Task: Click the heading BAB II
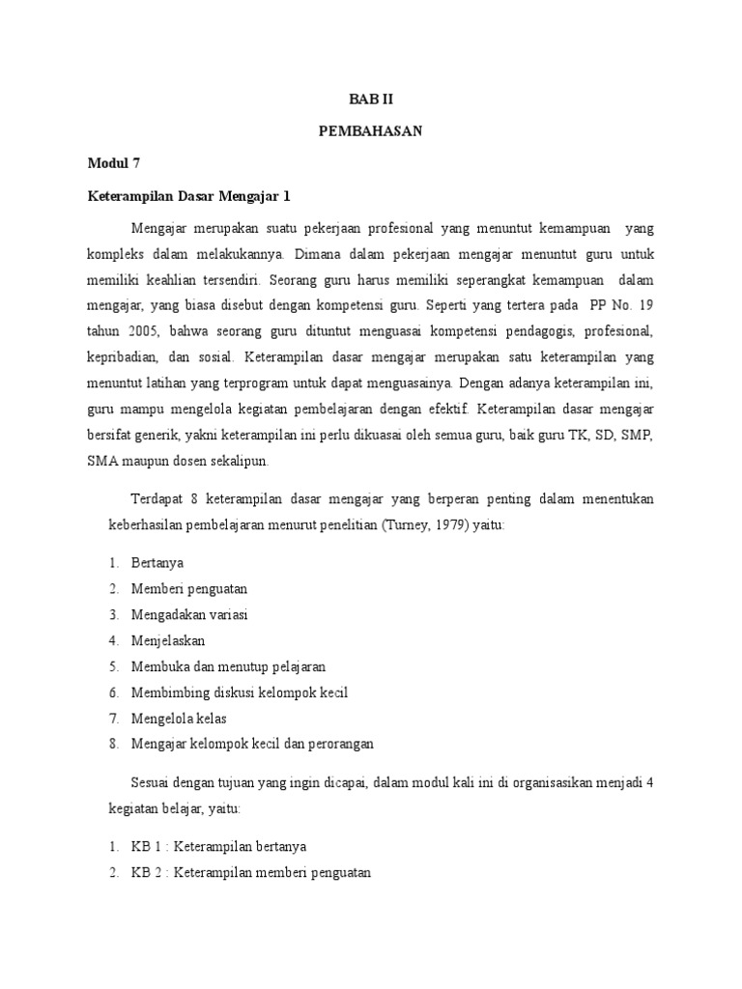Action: (371, 99)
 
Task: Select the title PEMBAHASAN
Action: (371, 131)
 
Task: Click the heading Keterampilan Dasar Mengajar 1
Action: (188, 196)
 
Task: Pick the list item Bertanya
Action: (157, 562)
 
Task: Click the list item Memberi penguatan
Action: (189, 588)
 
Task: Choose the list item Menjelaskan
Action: (168, 640)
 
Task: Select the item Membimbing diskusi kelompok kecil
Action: (239, 692)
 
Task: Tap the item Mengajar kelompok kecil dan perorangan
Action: (252, 744)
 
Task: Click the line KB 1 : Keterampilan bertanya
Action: (218, 847)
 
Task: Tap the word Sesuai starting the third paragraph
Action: (150, 782)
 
